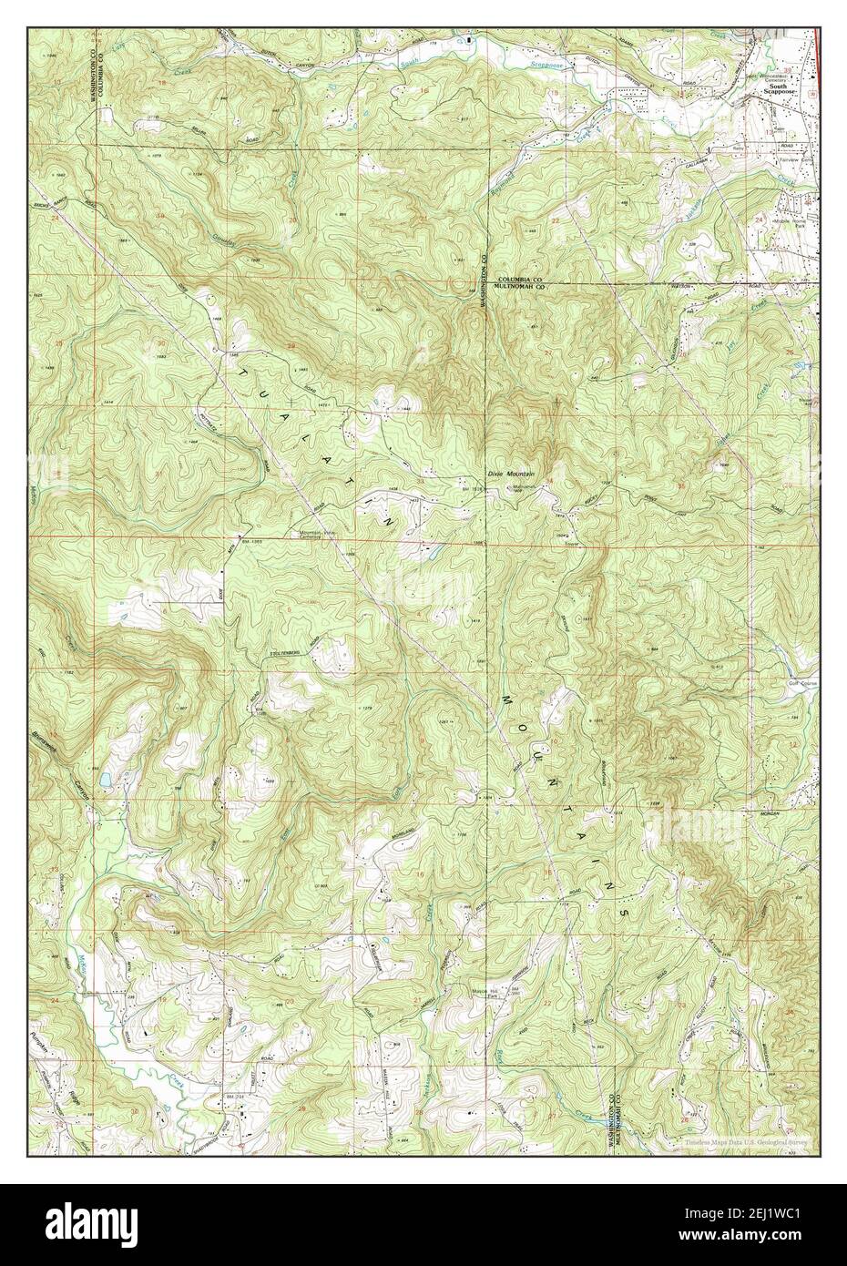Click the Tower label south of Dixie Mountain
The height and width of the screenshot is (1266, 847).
pyautogui.click(x=571, y=544)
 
